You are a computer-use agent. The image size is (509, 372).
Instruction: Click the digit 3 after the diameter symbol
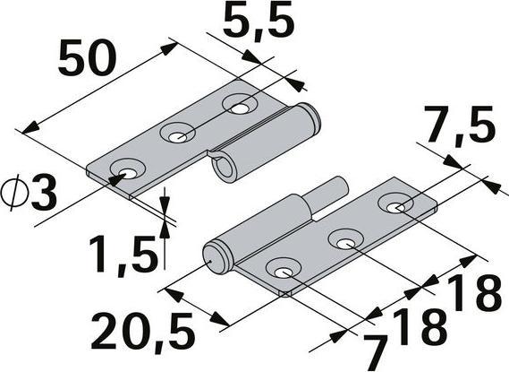click(42, 192)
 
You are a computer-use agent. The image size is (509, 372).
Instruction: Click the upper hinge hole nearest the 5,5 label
click(239, 106)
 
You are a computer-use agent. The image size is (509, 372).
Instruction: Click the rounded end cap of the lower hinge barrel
click(214, 255)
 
